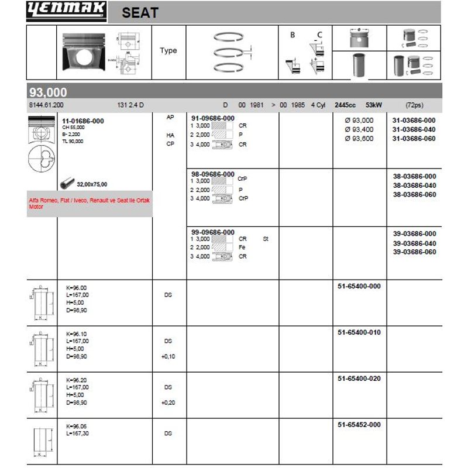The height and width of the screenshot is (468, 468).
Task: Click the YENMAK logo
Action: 66,11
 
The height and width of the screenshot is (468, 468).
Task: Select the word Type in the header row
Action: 168,51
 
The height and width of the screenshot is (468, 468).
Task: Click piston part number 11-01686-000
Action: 83,121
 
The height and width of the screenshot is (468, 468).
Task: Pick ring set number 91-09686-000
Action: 213,118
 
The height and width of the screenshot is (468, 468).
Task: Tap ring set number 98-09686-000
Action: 213,174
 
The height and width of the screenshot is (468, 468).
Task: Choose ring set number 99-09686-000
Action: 213,232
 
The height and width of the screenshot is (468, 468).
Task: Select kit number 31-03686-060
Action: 414,139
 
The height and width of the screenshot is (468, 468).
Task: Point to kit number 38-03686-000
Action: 414,176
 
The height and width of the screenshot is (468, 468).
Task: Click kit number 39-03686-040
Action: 414,243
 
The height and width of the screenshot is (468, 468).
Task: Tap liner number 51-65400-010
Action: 359,332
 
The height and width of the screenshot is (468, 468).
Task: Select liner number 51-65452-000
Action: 359,425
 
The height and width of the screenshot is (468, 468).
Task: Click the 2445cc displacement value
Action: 345,105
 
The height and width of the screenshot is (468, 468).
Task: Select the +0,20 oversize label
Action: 168,402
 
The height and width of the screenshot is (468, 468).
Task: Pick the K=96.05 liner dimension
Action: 80,426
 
